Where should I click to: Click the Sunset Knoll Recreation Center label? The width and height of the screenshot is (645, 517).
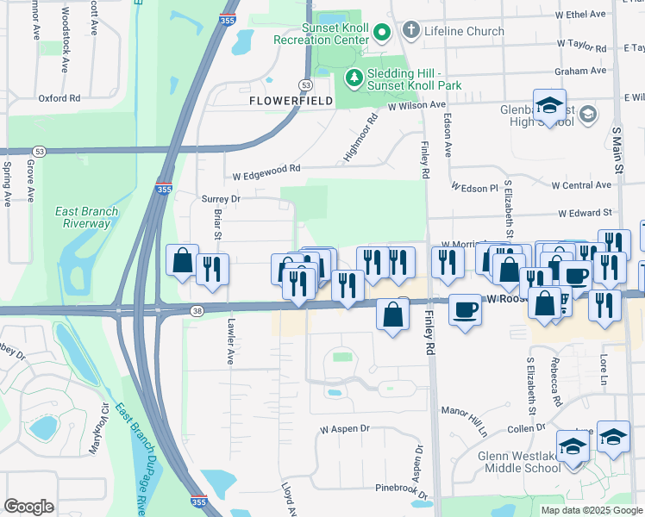321,33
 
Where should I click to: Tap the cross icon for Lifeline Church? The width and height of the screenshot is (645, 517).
410,32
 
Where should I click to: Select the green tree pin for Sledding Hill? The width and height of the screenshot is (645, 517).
354,78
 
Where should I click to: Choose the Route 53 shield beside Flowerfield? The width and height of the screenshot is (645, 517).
306,84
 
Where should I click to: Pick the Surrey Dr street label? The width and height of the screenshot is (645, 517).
220,198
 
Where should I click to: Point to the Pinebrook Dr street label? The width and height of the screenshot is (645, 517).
402,488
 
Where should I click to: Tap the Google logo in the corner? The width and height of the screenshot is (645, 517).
28,506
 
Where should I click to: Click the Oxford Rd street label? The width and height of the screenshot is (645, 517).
59,98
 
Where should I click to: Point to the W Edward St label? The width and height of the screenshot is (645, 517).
585,212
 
